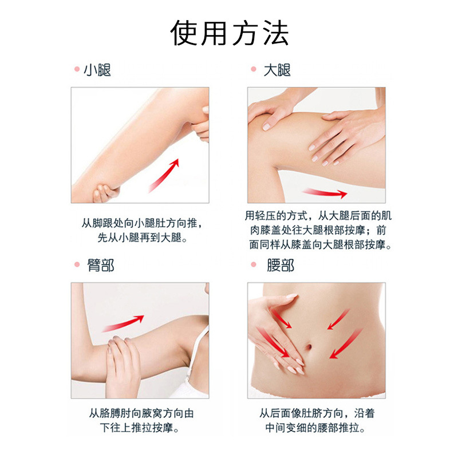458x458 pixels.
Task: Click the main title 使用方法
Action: pyautogui.click(x=230, y=34)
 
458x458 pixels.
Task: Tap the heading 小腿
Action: pyautogui.click(x=97, y=70)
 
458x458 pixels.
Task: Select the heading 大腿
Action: pyautogui.click(x=277, y=70)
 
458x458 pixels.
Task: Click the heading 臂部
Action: pyautogui.click(x=100, y=266)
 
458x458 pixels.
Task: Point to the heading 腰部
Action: pyautogui.click(x=281, y=266)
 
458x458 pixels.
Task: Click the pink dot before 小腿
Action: pyautogui.click(x=76, y=70)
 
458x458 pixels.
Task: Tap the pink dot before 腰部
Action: pyautogui.click(x=254, y=266)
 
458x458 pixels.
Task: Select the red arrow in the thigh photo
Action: pyautogui.click(x=325, y=193)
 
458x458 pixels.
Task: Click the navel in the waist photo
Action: pyautogui.click(x=310, y=347)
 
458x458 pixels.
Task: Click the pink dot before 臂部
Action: pyautogui.click(x=76, y=266)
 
